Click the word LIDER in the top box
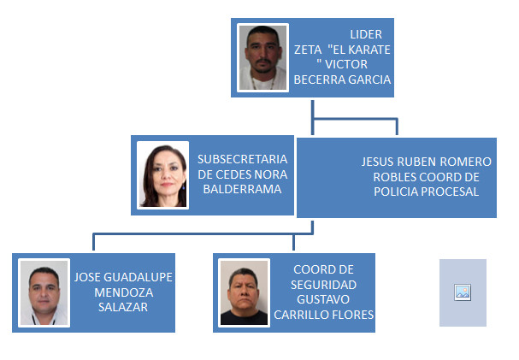click(366, 34)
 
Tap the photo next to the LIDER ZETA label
click(262, 57)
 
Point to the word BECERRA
click(320, 80)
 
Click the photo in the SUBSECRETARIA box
click(162, 175)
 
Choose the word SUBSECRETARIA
click(242, 159)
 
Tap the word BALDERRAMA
click(242, 189)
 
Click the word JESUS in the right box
click(378, 162)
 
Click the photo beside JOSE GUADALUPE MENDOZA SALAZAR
click(44, 292)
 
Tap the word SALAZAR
click(123, 307)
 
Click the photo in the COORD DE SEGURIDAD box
click(244, 292)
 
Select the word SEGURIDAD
click(323, 285)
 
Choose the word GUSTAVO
click(323, 299)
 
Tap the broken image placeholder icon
click(463, 292)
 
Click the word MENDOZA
click(123, 292)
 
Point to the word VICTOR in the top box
click(346, 64)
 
